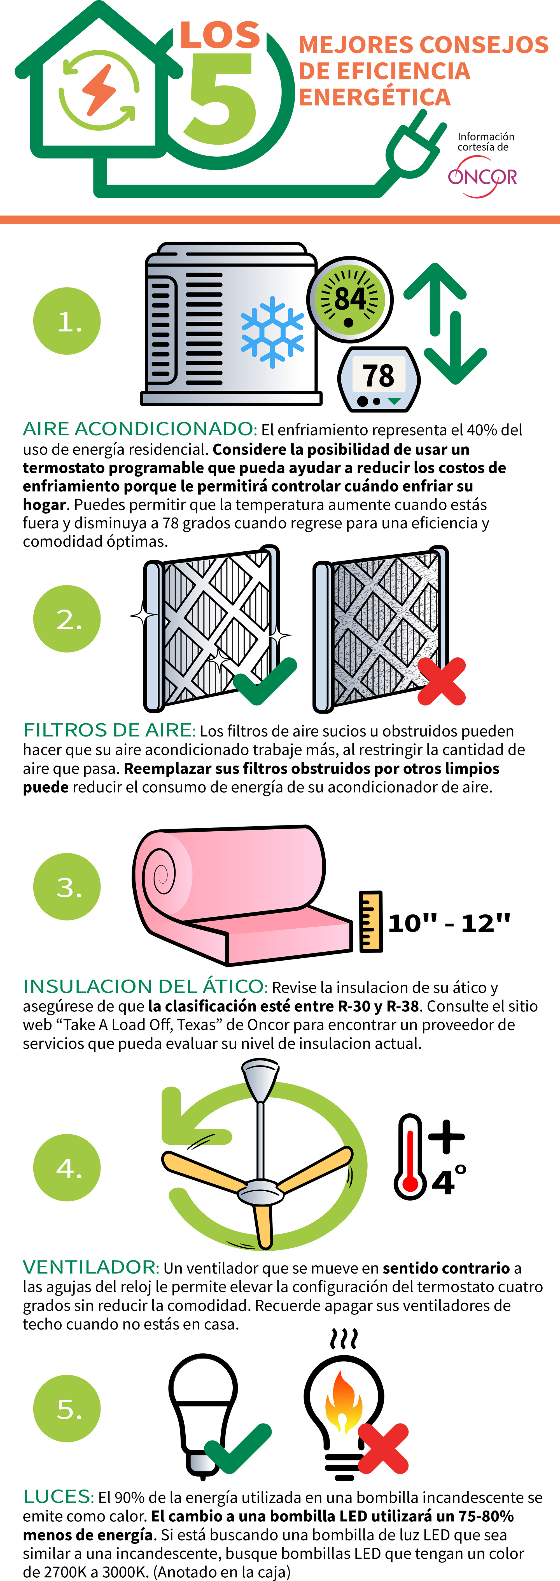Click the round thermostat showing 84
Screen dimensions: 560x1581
(349, 299)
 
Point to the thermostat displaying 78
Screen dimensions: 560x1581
(379, 379)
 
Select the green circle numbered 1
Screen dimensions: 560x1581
(67, 321)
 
